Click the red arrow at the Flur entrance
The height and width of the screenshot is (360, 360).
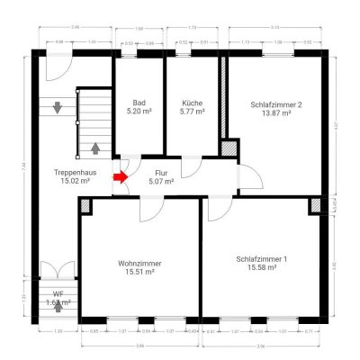click(120, 176)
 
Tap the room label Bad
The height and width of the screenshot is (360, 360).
click(139, 103)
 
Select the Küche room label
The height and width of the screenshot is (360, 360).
click(191, 103)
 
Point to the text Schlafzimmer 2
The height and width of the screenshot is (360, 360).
click(275, 104)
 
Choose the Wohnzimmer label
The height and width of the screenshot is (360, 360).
click(139, 263)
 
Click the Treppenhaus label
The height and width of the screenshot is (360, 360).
click(75, 171)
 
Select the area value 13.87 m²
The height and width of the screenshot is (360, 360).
click(275, 113)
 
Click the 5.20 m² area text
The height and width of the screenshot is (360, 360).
click(139, 112)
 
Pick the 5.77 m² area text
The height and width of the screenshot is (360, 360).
click(191, 112)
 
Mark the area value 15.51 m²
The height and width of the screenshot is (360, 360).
click(139, 272)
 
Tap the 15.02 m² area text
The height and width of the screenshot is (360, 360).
click(75, 180)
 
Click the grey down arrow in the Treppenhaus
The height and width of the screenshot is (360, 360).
click(58, 108)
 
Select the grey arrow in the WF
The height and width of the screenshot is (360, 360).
click(58, 305)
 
